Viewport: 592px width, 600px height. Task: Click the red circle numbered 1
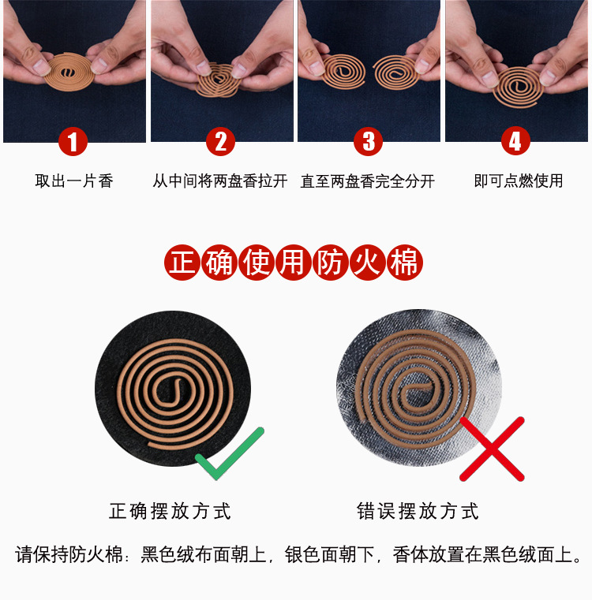tap(73, 142)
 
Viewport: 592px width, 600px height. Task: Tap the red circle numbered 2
tap(220, 142)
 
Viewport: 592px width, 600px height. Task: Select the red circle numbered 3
tap(368, 142)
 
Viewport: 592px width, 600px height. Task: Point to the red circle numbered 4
tap(515, 142)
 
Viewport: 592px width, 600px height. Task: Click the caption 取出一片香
tap(74, 181)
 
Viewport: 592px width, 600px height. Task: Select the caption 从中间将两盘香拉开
tap(220, 181)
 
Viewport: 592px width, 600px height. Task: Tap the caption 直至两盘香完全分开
tap(368, 181)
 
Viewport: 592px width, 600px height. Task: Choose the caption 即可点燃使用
tap(519, 181)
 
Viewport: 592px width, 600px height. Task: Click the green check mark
tap(228, 455)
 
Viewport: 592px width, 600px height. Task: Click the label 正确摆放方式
tap(170, 511)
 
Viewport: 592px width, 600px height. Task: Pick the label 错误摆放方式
tap(418, 511)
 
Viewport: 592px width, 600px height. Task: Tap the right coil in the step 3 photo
tap(399, 72)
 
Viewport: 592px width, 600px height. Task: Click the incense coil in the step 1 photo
tap(71, 70)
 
